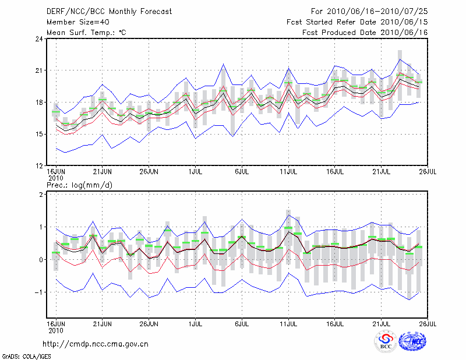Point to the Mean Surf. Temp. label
pyautogui.click(x=87, y=33)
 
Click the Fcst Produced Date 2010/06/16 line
pyautogui.click(x=365, y=33)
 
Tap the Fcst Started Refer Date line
pyautogui.click(x=357, y=22)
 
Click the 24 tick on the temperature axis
pyautogui.click(x=38, y=39)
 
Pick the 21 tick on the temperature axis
pyautogui.click(x=38, y=70)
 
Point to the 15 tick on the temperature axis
pyautogui.click(x=38, y=134)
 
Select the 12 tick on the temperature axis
pyautogui.click(x=38, y=165)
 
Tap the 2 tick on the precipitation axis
pyautogui.click(x=41, y=195)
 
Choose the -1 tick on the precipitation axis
pyautogui.click(x=39, y=292)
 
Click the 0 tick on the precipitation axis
pyautogui.click(x=41, y=260)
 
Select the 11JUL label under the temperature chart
pyautogui.click(x=288, y=172)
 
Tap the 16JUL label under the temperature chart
pyautogui.click(x=335, y=172)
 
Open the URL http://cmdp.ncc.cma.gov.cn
pyautogui.click(x=96, y=344)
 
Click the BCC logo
pyautogui.click(x=386, y=342)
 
